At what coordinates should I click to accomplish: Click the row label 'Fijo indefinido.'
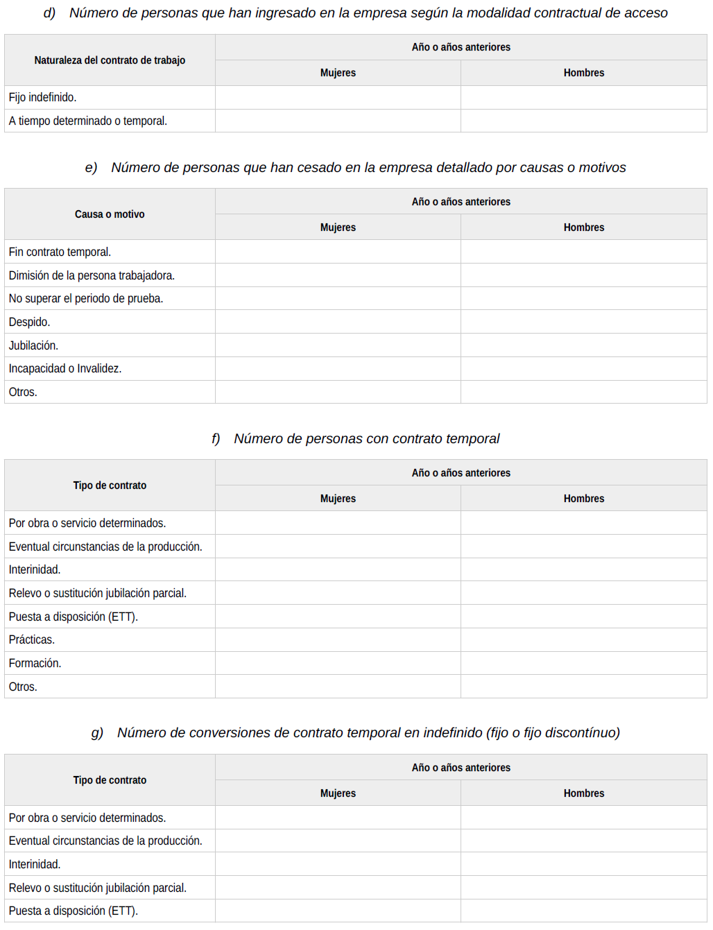click(42, 98)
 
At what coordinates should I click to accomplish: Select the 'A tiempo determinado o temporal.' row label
click(87, 121)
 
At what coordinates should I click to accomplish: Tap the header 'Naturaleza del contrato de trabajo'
click(110, 60)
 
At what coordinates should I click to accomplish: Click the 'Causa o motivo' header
click(110, 214)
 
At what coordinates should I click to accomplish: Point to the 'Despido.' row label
click(29, 322)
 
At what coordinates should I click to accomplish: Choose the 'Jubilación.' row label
click(33, 345)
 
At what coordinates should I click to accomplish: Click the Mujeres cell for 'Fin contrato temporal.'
click(338, 252)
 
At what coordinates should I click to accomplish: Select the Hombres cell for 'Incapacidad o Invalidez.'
click(583, 368)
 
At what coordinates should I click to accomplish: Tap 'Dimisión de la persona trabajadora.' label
click(92, 275)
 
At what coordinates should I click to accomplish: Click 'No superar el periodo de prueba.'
click(86, 298)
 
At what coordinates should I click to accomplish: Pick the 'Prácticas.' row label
click(32, 639)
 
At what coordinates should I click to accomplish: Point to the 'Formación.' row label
click(35, 663)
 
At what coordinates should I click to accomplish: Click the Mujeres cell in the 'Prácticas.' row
click(338, 639)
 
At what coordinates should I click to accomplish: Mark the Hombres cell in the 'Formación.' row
click(583, 663)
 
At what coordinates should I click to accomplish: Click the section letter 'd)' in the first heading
click(49, 13)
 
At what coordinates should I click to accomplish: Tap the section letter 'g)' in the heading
click(97, 733)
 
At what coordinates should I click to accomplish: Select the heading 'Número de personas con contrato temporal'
click(366, 439)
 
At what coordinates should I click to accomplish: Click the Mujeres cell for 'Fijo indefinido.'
click(338, 98)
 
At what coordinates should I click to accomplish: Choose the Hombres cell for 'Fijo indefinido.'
click(583, 98)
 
